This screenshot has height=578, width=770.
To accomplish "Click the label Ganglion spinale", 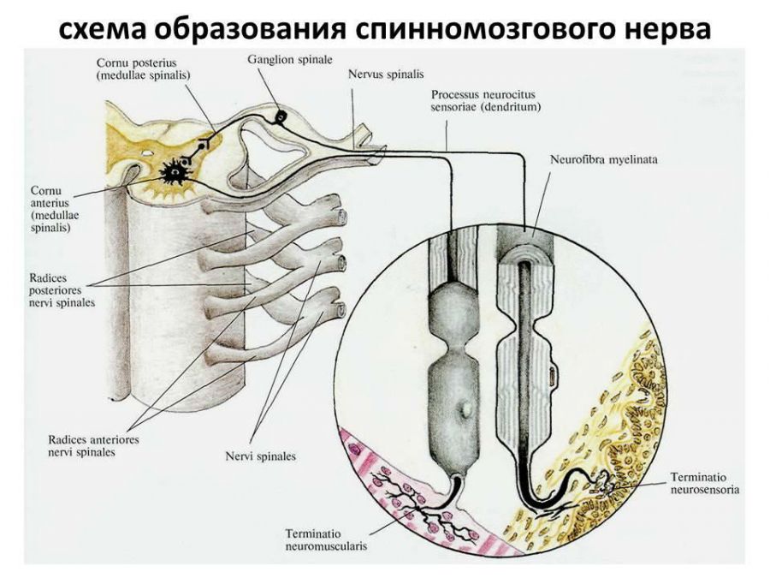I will [279, 62].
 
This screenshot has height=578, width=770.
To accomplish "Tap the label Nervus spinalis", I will [386, 74].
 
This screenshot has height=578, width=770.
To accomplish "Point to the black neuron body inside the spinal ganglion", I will [279, 116].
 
